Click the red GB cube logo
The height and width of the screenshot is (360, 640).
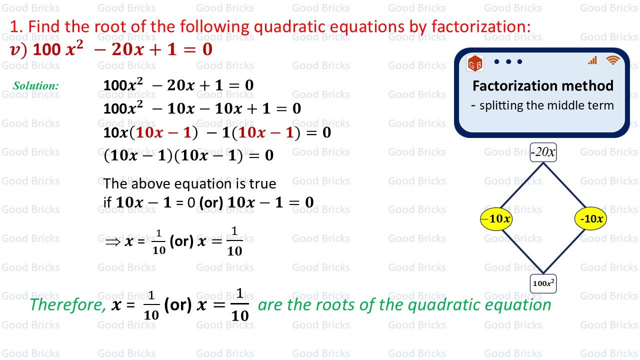click(475, 63)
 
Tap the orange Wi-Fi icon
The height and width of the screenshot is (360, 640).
click(612, 60)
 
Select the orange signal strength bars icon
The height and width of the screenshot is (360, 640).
click(592, 60)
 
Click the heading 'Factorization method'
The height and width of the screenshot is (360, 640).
click(543, 85)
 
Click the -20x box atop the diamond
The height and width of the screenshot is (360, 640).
click(543, 152)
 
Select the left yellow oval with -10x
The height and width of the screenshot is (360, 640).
click(496, 219)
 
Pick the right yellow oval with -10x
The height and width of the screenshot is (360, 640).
click(590, 219)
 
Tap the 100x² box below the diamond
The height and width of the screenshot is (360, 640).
click(543, 283)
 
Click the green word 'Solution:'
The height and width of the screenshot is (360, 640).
click(36, 85)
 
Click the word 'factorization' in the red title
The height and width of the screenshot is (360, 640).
click(481, 26)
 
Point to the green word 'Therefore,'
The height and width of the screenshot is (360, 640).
click(68, 304)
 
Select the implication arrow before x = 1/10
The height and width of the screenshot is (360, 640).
click(112, 242)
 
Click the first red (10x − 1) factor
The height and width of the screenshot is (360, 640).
click(163, 132)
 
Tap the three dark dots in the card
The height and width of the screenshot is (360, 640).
click(508, 61)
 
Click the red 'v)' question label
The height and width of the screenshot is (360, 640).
click(18, 49)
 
